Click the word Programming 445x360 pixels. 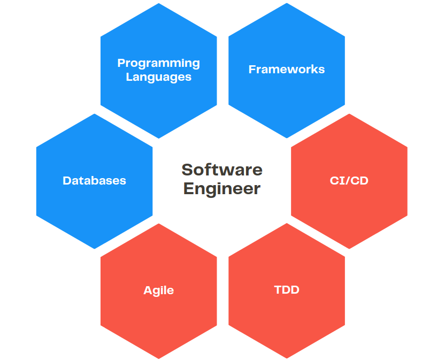158,63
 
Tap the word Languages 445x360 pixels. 158,77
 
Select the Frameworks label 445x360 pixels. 287,70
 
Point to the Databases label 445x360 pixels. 94,181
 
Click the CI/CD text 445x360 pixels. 349,181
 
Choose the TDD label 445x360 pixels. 287,290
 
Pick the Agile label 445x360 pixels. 158,290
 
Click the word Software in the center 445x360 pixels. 222,170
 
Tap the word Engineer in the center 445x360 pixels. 222,188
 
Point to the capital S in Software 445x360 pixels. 187,170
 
